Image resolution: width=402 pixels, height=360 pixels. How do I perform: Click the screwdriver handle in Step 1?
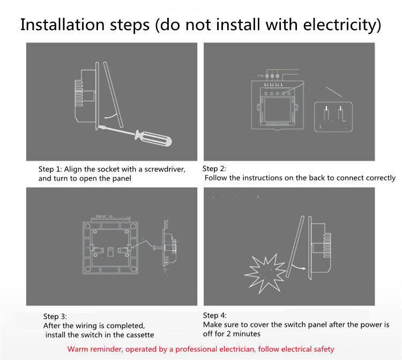(x=153, y=139)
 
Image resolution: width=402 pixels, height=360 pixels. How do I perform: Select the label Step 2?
(x=214, y=169)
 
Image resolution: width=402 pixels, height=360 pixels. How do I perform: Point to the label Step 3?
(x=55, y=317)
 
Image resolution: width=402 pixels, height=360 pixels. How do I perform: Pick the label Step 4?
(x=215, y=316)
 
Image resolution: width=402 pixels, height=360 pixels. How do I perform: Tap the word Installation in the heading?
(x=62, y=25)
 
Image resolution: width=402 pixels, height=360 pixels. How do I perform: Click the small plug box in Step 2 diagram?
(x=333, y=117)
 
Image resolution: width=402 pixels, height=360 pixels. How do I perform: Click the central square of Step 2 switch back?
(x=278, y=109)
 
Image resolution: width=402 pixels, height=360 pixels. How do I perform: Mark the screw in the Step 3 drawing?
(x=157, y=247)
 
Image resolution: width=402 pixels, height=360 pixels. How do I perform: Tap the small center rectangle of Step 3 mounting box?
(x=110, y=252)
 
